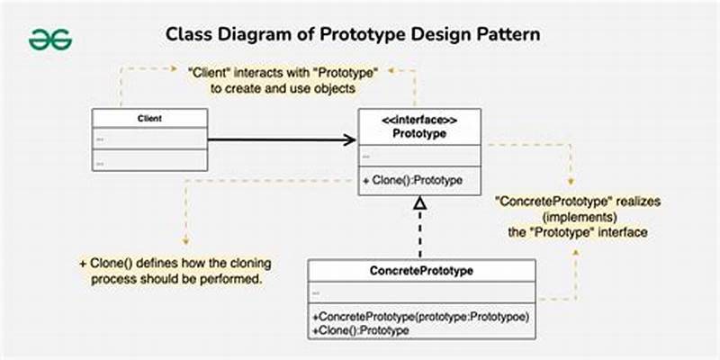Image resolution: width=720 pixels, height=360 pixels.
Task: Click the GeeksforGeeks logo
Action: pos(49,39)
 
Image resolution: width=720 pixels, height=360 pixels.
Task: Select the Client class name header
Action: pos(149,118)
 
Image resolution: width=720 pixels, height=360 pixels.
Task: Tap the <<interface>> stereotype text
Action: pos(419,120)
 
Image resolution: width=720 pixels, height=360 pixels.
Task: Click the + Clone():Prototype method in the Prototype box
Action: pos(413,180)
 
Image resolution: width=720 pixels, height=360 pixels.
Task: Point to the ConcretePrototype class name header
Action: pos(421,270)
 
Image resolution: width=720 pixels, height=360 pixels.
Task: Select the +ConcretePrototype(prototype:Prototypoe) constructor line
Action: pos(420,317)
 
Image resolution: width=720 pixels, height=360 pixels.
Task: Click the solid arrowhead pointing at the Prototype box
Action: pos(350,139)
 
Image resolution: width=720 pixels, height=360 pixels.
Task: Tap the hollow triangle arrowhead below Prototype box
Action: pos(418,203)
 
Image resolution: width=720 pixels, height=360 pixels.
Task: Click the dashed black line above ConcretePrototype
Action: pos(418,236)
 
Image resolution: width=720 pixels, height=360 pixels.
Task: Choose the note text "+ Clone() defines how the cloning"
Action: pos(175,264)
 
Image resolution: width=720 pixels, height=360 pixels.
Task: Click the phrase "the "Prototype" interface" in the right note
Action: pos(576,232)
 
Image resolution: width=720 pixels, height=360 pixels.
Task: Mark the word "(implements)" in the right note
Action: pos(576,217)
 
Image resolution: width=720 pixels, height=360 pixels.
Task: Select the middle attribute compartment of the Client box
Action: pos(149,139)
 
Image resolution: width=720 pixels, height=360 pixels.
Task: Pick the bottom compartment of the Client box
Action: pos(149,160)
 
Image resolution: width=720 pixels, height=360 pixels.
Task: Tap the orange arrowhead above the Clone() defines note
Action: pos(184,241)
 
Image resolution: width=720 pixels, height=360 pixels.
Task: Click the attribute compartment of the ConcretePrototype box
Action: pos(421,292)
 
